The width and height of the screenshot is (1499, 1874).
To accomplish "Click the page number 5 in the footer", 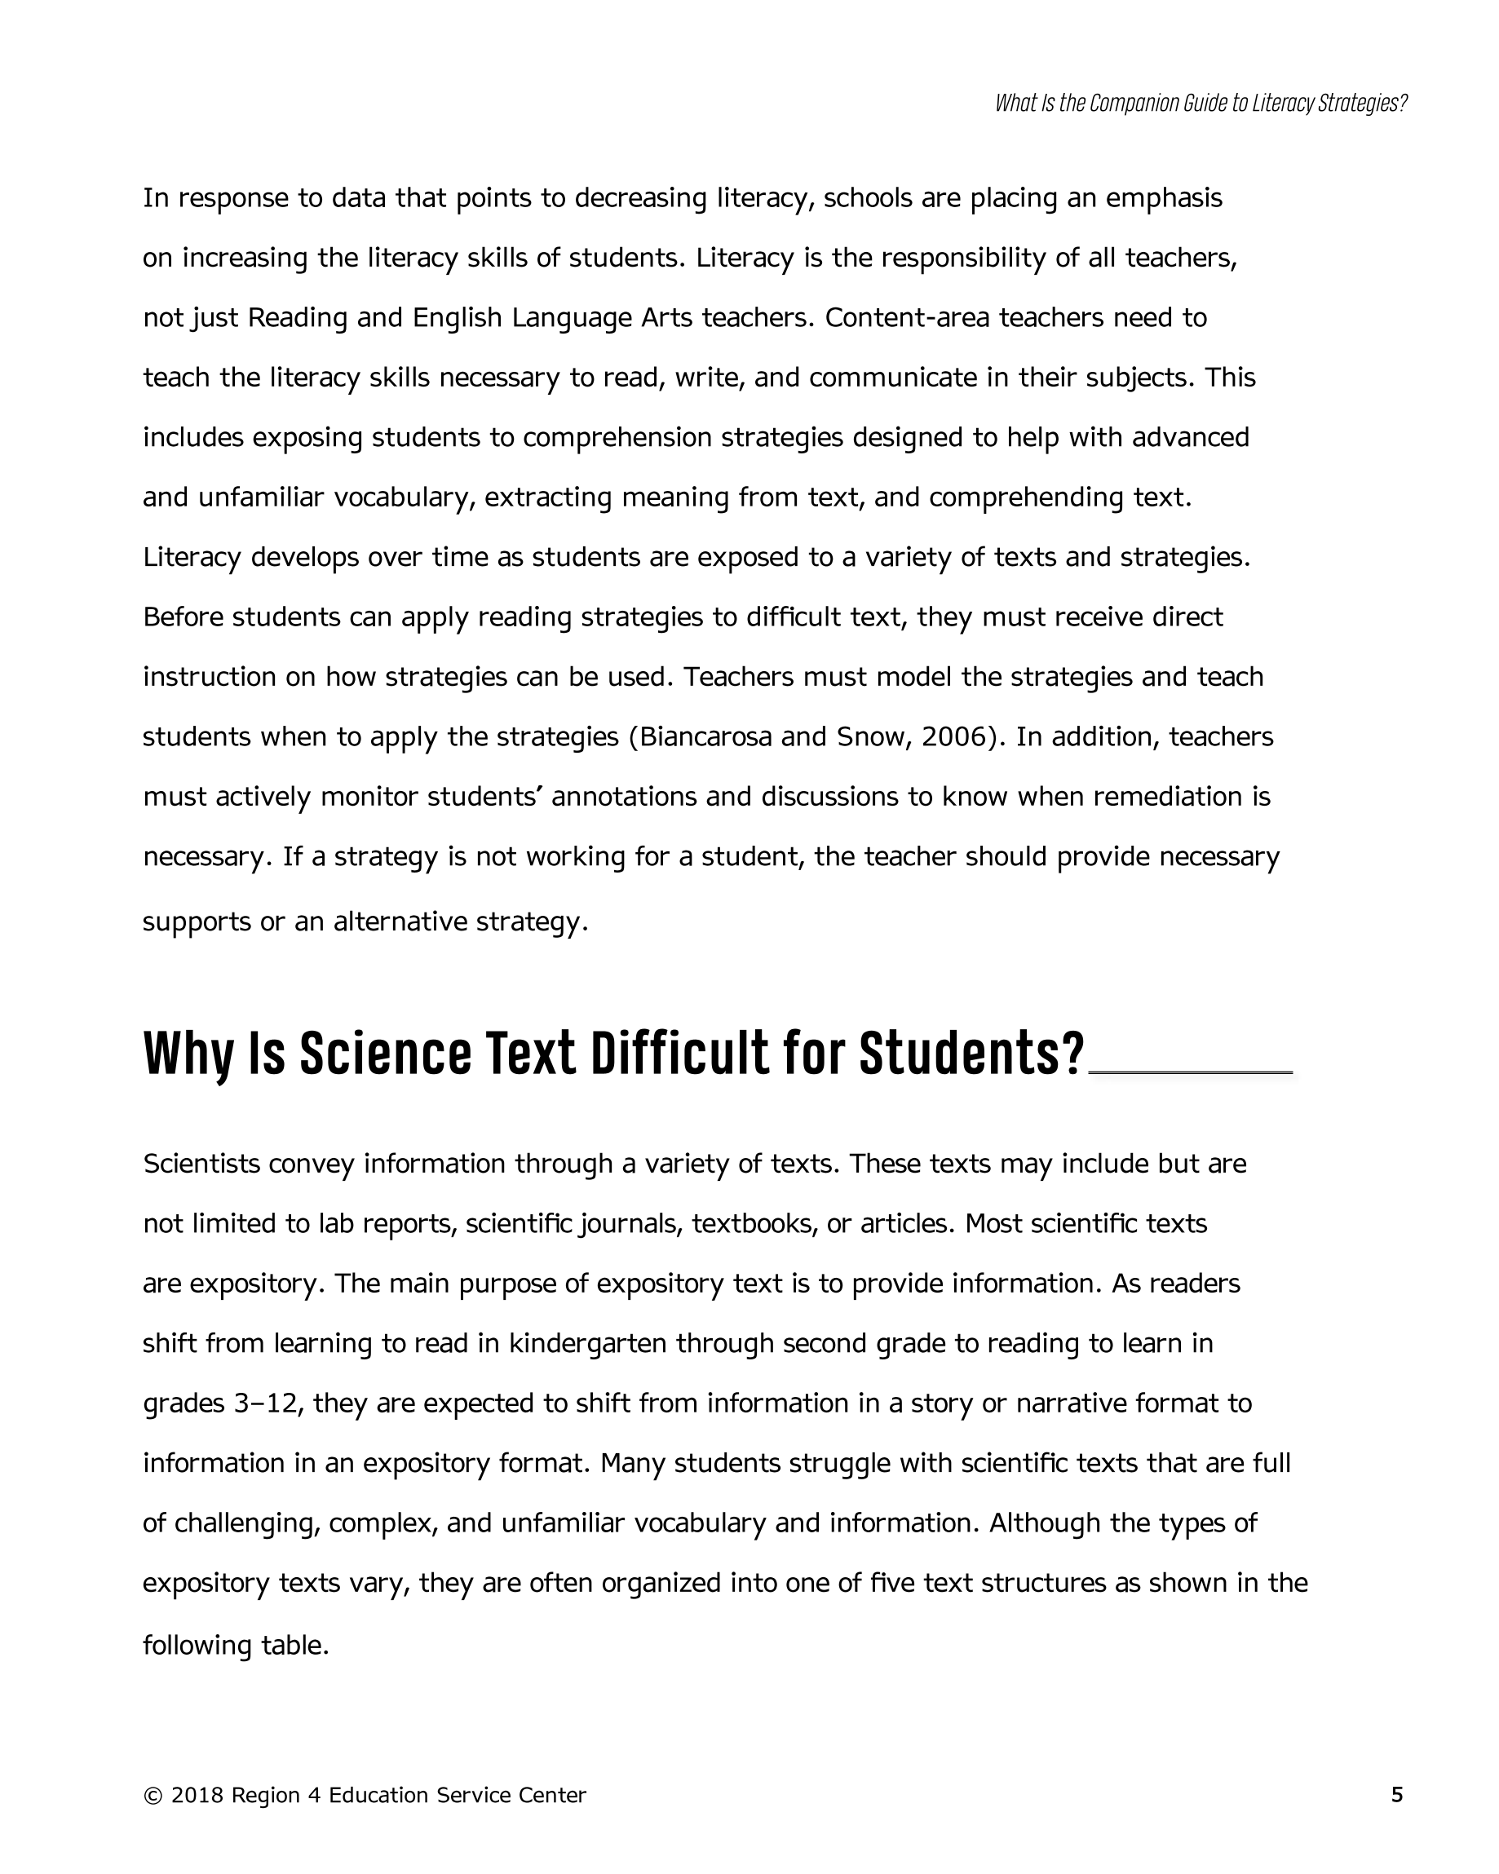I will coord(1396,1794).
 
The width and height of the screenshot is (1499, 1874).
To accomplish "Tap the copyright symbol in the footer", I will coord(153,1795).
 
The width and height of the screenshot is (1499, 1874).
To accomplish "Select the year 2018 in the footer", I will coord(197,1795).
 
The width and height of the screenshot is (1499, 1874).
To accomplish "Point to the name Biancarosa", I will coord(705,736).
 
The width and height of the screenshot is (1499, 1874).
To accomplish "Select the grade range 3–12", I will coord(266,1403).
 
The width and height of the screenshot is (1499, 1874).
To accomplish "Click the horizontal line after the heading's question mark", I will coord(1191,1073).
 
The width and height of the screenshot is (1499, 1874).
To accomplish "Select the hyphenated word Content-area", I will coord(907,318).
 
